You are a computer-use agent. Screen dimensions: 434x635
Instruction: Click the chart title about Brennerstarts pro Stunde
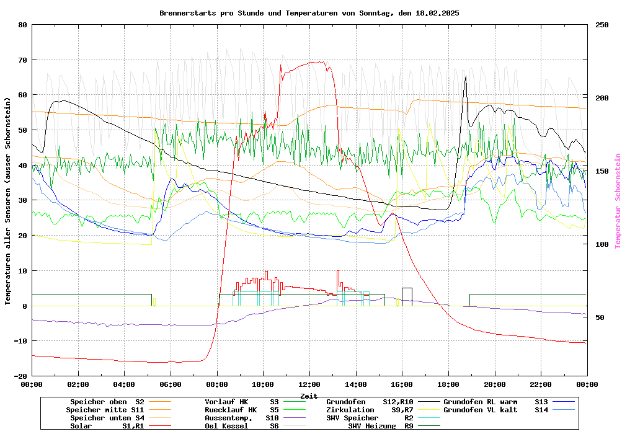pos(309,13)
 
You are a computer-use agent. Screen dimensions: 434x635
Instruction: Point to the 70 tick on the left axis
pos(23,60)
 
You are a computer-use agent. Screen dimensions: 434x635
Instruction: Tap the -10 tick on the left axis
pos(20,341)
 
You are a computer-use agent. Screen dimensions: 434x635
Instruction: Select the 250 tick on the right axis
pos(602,25)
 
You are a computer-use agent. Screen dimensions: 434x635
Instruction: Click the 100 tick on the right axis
pos(602,244)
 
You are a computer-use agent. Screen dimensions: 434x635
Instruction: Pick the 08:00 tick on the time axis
pos(217,384)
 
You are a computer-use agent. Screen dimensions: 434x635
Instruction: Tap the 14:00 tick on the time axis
pos(356,384)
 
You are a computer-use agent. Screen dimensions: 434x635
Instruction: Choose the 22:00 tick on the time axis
pos(541,384)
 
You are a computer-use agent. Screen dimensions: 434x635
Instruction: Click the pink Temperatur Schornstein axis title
pos(618,201)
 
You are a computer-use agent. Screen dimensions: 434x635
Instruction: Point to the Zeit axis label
pos(309,396)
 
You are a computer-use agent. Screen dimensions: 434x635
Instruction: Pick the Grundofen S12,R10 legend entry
pos(370,402)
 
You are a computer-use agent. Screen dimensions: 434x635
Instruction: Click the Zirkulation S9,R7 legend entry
pos(370,410)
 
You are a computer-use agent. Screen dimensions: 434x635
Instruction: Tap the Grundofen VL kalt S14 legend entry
pos(496,410)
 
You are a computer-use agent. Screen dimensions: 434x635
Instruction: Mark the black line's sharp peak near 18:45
pos(466,77)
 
